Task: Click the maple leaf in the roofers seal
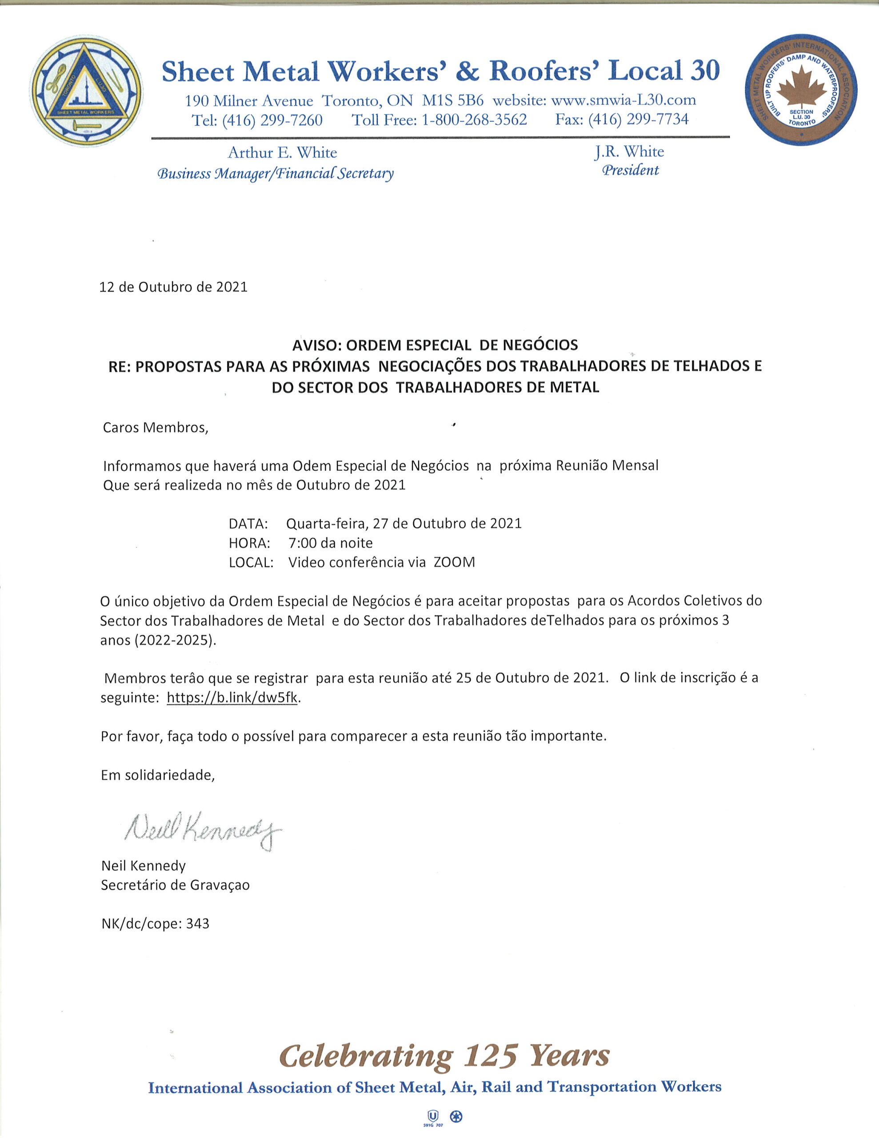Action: click(801, 89)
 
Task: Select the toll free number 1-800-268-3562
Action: click(474, 120)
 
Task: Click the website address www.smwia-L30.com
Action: click(623, 100)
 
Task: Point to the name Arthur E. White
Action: click(282, 152)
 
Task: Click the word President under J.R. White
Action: click(631, 170)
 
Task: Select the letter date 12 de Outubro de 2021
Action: click(173, 287)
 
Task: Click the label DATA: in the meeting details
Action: click(248, 523)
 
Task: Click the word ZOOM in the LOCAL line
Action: click(454, 563)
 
